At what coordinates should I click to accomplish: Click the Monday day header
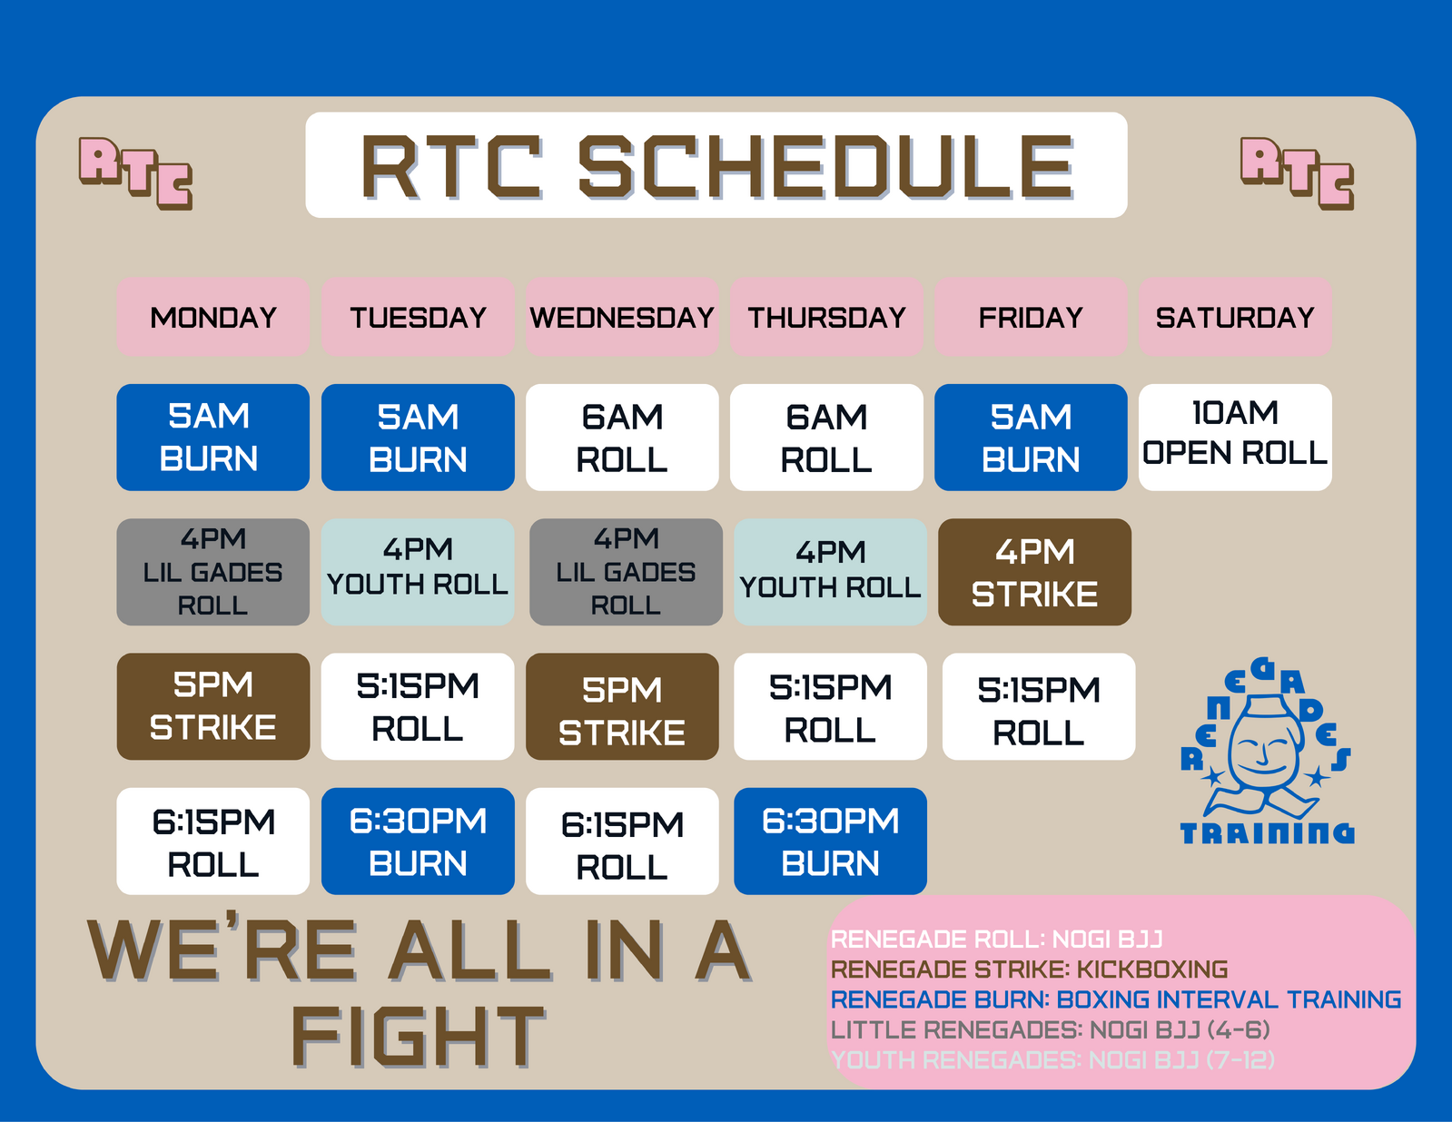(x=213, y=317)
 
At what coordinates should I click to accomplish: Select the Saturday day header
(x=1235, y=317)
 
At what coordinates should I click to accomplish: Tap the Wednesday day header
(x=622, y=317)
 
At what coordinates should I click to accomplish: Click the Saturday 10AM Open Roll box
(x=1235, y=438)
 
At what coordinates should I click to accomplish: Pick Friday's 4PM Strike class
(x=1034, y=573)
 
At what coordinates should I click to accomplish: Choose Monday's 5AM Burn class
(x=213, y=438)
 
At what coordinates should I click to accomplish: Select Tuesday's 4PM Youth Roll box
(x=418, y=573)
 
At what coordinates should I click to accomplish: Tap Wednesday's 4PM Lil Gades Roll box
(x=626, y=573)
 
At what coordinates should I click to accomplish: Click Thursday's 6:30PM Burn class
(x=830, y=841)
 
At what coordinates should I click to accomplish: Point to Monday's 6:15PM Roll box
(x=213, y=841)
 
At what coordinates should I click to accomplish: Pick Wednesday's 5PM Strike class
(x=622, y=706)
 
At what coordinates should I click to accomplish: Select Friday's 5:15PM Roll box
(x=1039, y=706)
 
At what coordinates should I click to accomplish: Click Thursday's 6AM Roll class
(x=826, y=438)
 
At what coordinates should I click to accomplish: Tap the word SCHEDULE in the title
(x=826, y=167)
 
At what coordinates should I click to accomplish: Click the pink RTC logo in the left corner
(x=135, y=173)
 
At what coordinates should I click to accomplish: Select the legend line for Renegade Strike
(x=1029, y=969)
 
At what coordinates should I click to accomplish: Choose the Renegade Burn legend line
(x=1116, y=999)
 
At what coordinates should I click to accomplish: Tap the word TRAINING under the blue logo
(x=1267, y=833)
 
